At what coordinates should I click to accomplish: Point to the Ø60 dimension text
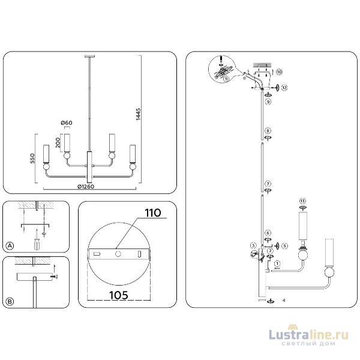click(67, 124)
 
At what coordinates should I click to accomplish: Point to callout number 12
click(284, 88)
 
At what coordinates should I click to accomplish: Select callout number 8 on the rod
click(268, 130)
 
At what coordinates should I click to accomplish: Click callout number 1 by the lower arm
click(277, 263)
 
